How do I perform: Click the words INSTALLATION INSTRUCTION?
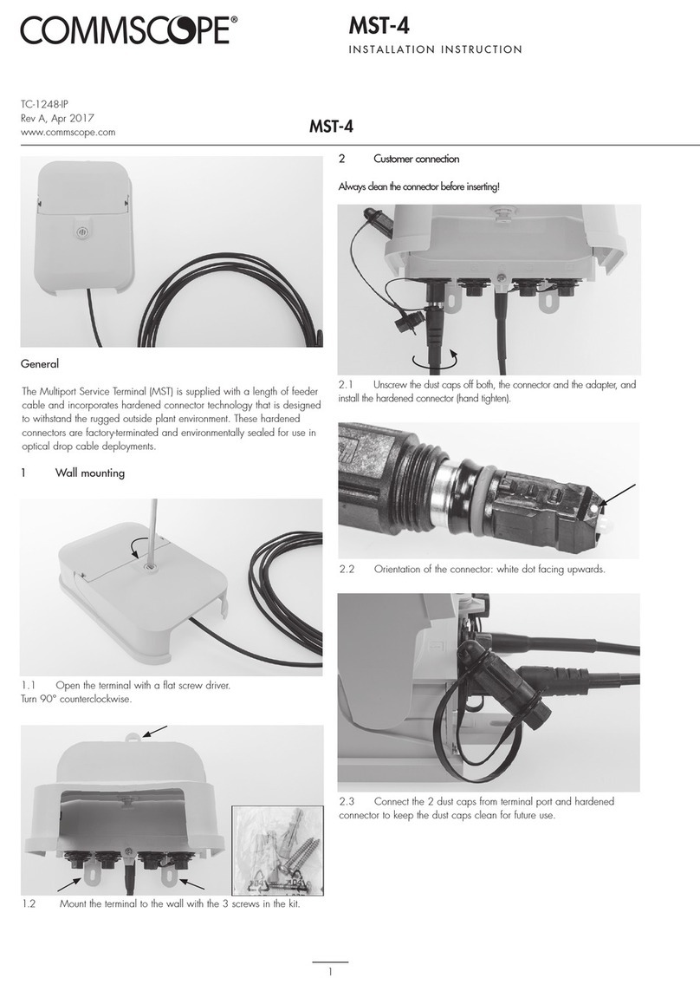point(435,49)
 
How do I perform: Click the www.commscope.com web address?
point(68,133)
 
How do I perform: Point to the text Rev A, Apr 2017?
point(56,118)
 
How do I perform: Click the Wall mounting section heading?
point(89,473)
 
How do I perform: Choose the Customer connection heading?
point(416,160)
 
